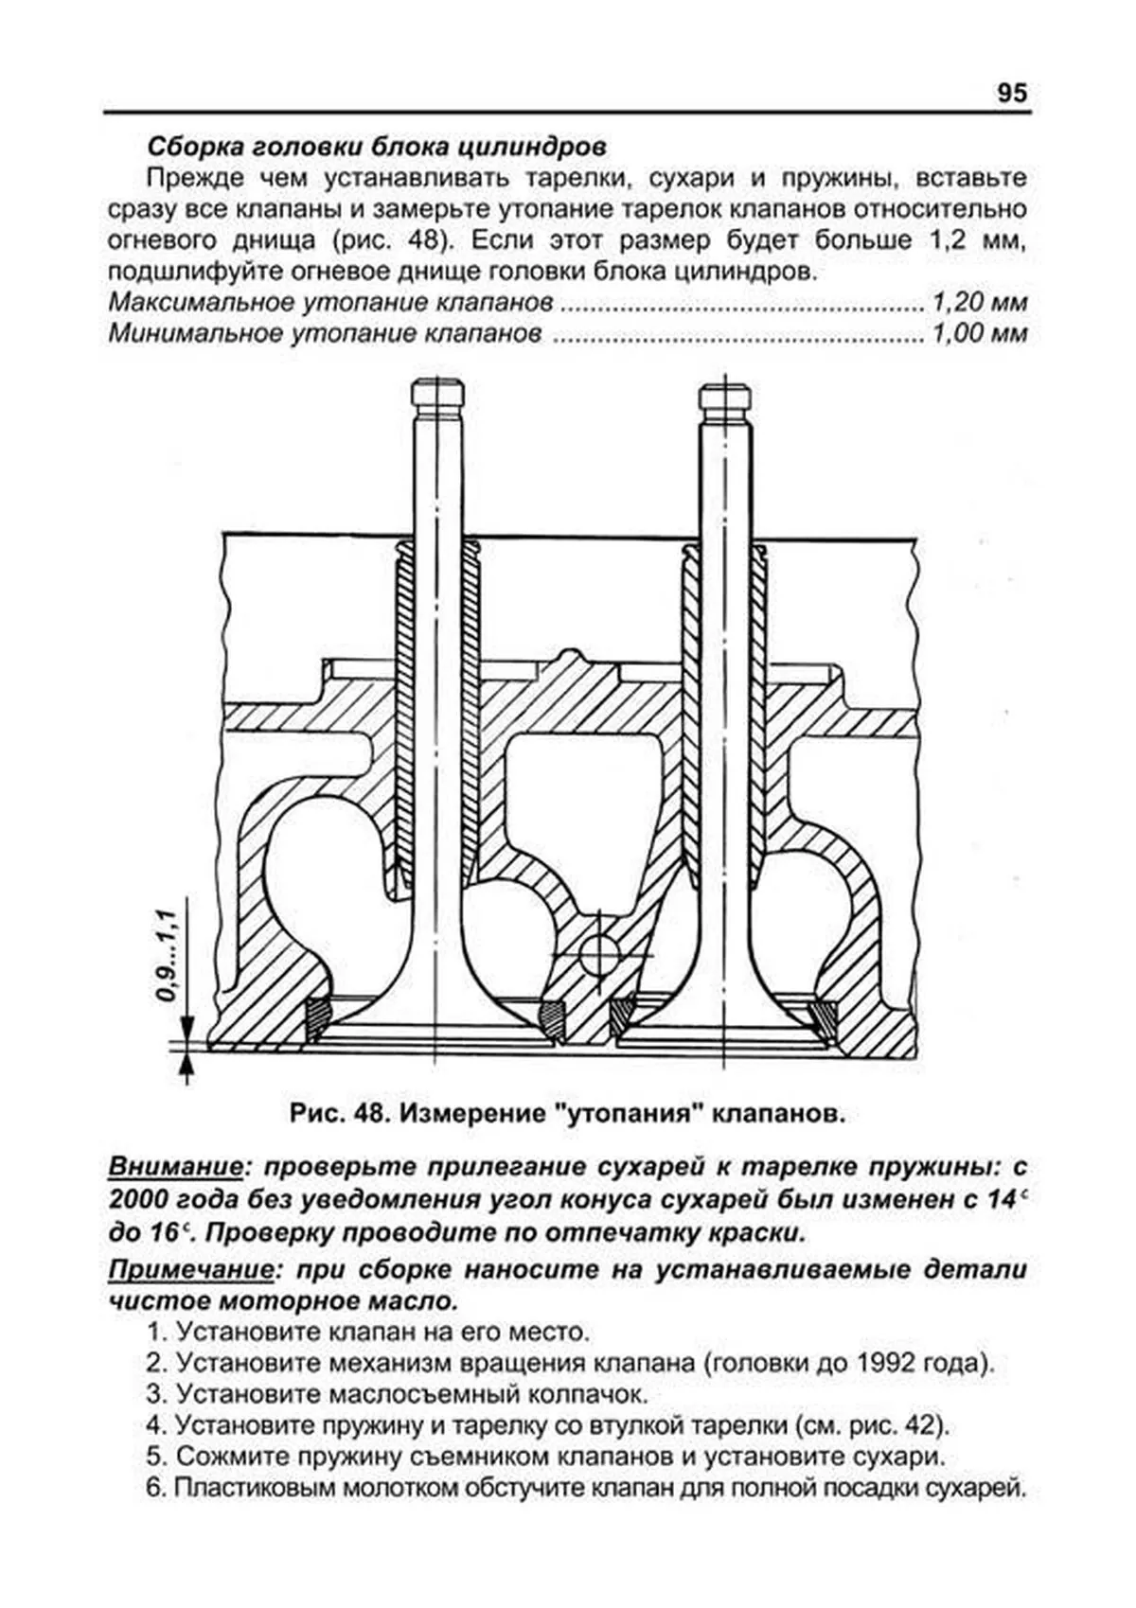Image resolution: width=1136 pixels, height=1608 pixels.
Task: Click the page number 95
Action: (x=1011, y=94)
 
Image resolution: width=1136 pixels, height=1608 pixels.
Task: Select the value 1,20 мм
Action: (x=980, y=303)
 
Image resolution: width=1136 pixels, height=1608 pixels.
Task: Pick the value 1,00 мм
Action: (x=980, y=333)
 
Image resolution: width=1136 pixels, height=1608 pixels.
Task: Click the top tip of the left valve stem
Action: (x=437, y=384)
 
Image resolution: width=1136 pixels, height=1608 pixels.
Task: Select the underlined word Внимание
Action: (x=175, y=1165)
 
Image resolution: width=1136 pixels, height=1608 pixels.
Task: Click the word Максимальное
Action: (x=203, y=303)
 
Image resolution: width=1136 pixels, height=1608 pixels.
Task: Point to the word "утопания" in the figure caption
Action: (x=625, y=1114)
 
